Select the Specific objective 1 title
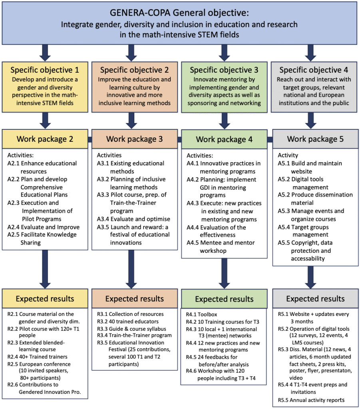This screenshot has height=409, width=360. click(45, 70)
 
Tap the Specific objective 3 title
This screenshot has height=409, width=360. click(224, 70)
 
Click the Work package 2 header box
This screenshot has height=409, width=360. click(45, 139)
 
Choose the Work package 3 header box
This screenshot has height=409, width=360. click(135, 139)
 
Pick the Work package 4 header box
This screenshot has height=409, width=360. click(224, 139)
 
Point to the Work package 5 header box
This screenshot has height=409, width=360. click(315, 139)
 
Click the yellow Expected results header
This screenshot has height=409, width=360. click(45, 298)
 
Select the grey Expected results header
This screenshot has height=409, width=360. click(315, 298)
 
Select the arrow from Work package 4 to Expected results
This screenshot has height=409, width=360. click(224, 274)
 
